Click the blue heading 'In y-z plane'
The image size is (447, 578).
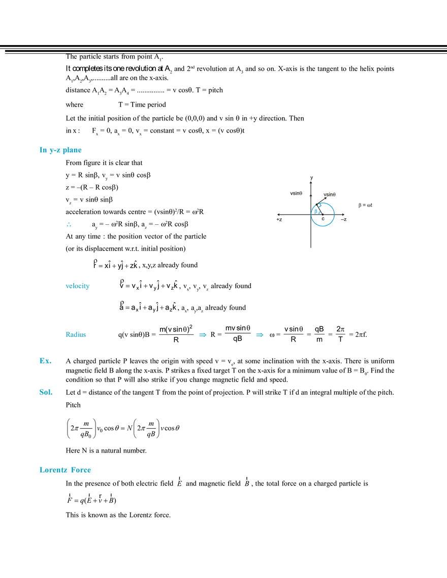[60, 150]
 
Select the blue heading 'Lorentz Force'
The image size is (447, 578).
[66, 470]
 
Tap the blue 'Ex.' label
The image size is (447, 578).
[45, 361]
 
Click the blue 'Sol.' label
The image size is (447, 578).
[46, 392]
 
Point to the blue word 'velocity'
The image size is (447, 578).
[78, 286]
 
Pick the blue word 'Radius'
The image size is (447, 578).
[76, 334]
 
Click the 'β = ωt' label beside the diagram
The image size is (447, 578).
[365, 205]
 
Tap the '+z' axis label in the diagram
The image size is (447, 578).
[279, 220]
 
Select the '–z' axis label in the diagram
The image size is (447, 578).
[344, 220]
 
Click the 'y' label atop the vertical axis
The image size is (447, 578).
[311, 178]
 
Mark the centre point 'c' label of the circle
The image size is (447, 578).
[323, 219]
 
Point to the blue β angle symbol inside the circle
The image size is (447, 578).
[315, 211]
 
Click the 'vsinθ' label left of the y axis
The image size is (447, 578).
[296, 193]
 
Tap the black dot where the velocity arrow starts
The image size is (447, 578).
[316, 205]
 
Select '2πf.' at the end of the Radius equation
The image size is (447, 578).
[361, 335]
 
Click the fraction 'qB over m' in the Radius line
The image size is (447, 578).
[320, 334]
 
